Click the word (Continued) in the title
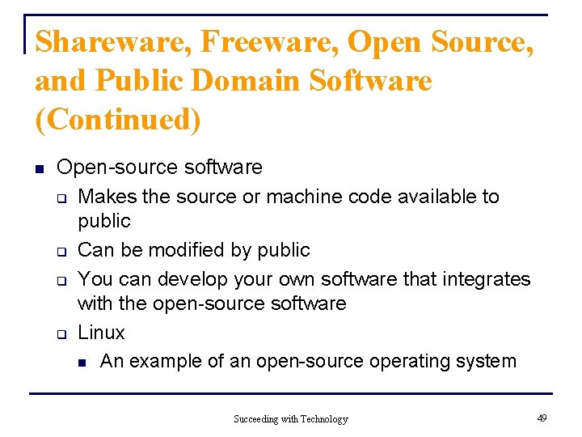pos(118,120)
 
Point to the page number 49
pos(542,418)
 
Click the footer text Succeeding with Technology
pos(291,418)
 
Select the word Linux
pos(101,333)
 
